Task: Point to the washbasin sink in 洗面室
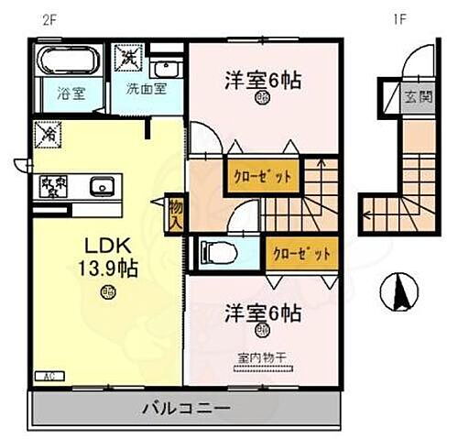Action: pos(165,68)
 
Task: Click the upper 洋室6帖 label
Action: pos(263,80)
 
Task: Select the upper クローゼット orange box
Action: pos(263,174)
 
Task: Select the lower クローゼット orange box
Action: pos(300,251)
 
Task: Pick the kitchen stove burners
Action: pos(53,186)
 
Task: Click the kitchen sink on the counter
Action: pos(102,187)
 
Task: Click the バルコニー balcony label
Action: pos(185,407)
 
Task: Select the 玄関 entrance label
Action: pos(414,95)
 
